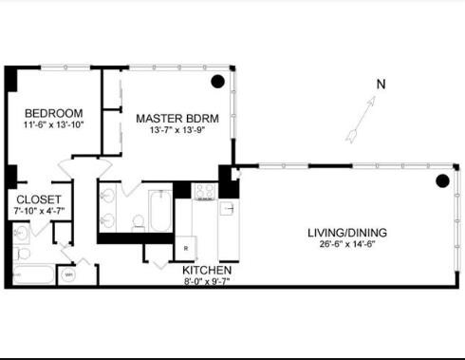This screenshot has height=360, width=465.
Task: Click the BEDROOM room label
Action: point(54,112)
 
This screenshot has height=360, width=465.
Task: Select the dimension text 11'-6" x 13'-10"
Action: point(54,124)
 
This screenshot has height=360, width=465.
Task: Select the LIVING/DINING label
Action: point(346,233)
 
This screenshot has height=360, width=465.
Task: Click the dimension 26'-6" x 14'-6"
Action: point(346,245)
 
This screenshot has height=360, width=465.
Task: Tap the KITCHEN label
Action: point(207,270)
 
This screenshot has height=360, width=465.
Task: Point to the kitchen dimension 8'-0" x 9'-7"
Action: point(207,281)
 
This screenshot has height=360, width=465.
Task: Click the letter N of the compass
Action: point(381,84)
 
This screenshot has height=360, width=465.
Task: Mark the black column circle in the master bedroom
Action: point(218,82)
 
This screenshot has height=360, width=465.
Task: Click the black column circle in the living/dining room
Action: point(441,181)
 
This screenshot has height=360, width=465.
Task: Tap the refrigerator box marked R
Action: point(186,249)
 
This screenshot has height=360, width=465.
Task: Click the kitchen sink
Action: point(227,208)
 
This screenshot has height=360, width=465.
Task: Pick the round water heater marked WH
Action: point(69,276)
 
